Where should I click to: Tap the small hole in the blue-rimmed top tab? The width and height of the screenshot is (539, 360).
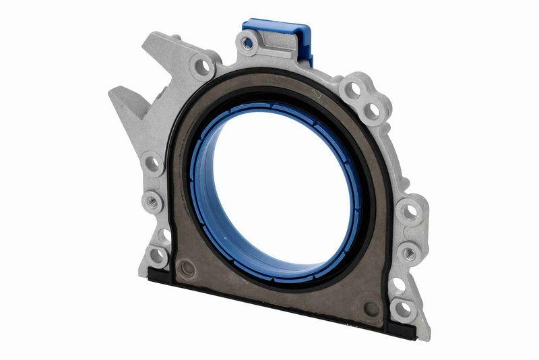[x=248, y=45]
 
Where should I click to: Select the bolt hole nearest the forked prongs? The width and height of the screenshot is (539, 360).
[x=202, y=66]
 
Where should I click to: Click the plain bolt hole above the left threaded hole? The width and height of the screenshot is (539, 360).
[x=152, y=163]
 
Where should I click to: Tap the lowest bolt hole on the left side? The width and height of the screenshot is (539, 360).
[x=157, y=254]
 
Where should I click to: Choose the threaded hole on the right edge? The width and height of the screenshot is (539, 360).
[x=408, y=253]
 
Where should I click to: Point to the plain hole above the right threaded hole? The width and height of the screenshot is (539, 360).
[x=408, y=212]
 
